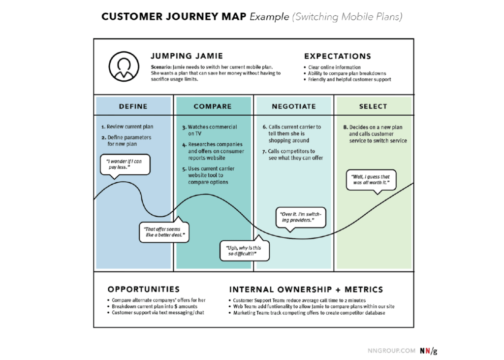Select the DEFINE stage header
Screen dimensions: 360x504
[x=133, y=106]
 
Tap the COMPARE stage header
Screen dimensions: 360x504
[x=213, y=106]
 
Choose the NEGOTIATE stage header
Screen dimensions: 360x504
[x=294, y=106]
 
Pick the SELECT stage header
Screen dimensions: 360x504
[x=373, y=106]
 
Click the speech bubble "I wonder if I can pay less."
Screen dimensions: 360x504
[x=125, y=164]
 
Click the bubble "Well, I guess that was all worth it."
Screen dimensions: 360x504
[x=371, y=180]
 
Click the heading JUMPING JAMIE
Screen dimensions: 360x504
[x=187, y=56]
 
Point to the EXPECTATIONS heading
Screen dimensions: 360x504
[x=338, y=56]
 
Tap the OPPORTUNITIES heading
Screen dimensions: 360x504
[x=144, y=290]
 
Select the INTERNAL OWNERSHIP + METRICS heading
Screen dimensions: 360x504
[x=306, y=290]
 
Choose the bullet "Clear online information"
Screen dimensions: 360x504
[x=334, y=67]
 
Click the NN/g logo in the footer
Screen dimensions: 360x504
[x=428, y=351]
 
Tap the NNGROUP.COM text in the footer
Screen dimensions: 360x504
[x=391, y=351]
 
